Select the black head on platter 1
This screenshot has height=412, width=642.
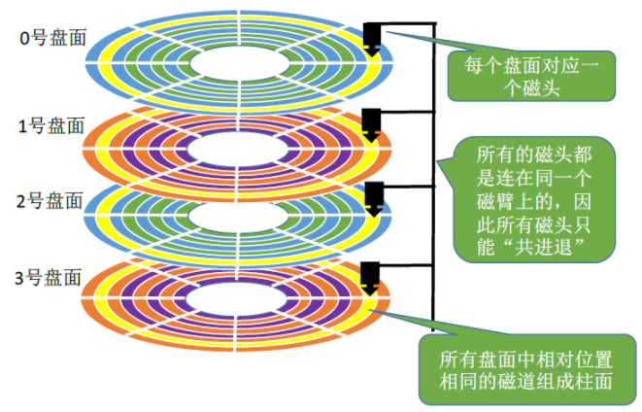tap(371, 124)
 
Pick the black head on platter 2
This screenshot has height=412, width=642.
tap(371, 197)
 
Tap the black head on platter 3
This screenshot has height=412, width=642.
tap(370, 276)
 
